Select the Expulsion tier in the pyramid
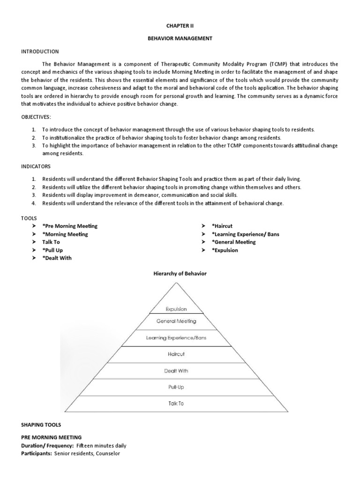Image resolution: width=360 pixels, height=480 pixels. coord(176,309)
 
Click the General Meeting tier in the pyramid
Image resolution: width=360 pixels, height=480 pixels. coord(176,322)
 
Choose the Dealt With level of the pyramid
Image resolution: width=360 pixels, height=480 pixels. coord(176,370)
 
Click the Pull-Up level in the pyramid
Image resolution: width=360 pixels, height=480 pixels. coord(176,387)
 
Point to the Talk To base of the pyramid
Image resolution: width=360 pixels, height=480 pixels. coord(176,403)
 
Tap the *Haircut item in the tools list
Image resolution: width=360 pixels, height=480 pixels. coord(225,226)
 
